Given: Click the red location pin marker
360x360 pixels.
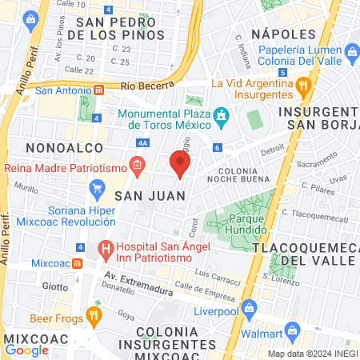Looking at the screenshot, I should point(180,164).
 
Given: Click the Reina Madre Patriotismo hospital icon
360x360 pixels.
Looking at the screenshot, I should point(137,168).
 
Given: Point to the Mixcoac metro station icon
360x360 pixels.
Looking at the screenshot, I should point(77,262).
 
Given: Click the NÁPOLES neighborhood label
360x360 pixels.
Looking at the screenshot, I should point(283,34).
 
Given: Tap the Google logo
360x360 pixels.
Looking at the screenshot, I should point(26,350).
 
